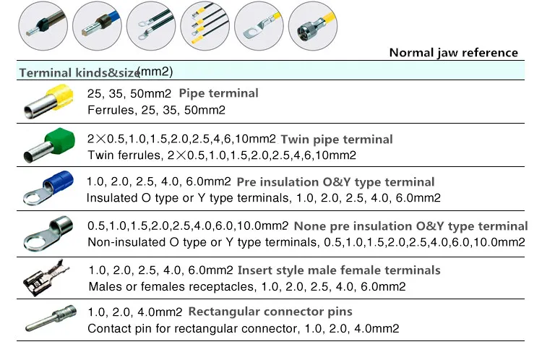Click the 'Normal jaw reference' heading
tap(454, 53)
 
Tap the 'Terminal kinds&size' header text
tap(79, 73)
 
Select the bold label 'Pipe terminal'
tap(218, 93)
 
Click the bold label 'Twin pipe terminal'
tap(337, 139)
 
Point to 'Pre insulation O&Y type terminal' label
tap(335, 182)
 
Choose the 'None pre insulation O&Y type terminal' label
tap(410, 226)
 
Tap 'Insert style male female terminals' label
tap(339, 270)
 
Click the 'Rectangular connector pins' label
tap(270, 312)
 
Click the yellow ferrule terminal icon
tap(48, 101)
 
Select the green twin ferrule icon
tap(49, 145)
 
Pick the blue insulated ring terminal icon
tap(48, 188)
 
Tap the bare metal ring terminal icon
tap(48, 233)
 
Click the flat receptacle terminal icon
tap(46, 278)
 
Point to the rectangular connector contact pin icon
tap(51, 318)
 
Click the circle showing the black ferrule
tap(43, 26)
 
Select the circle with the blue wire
tap(97, 26)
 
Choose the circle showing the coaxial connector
tap(313, 26)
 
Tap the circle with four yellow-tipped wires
tap(205, 26)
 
